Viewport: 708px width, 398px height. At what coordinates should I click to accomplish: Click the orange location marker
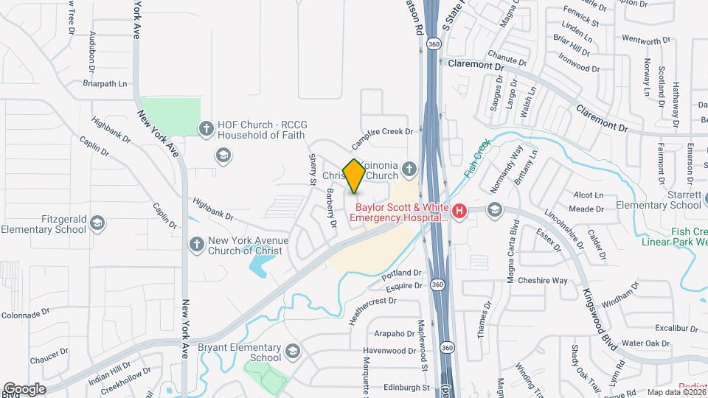click(x=354, y=176)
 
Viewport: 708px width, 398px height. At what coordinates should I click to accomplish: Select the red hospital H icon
click(x=459, y=212)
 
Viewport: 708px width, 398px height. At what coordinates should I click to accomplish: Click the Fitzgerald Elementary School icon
click(x=97, y=222)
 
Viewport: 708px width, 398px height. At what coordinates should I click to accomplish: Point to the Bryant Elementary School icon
click(x=293, y=350)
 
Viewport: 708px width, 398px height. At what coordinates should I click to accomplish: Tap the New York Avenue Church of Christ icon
click(x=196, y=244)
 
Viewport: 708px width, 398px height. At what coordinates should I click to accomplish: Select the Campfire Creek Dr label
click(x=386, y=132)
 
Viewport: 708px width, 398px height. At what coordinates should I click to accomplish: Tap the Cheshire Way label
click(x=542, y=281)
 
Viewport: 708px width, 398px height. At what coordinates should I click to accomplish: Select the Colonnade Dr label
click(x=24, y=314)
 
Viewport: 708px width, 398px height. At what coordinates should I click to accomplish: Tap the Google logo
click(x=24, y=388)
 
